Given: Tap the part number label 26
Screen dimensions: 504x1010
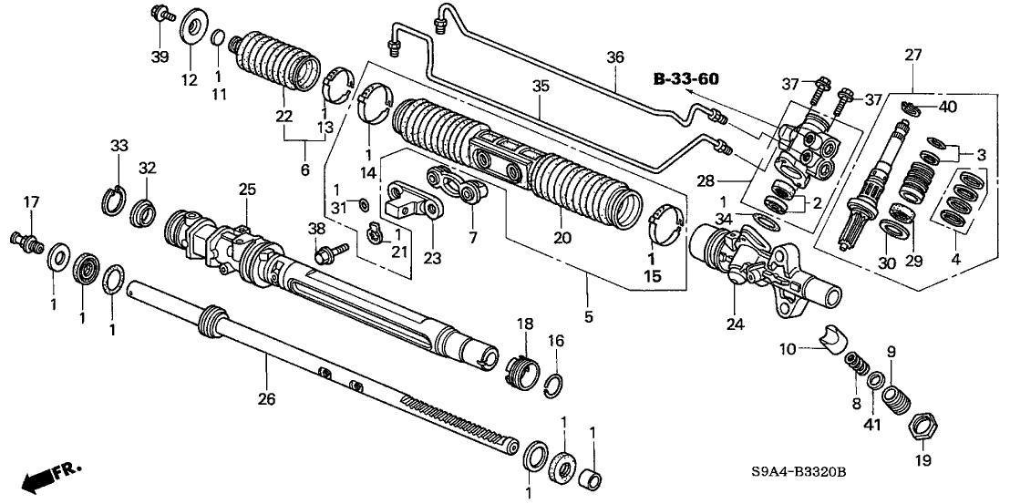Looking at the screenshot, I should pos(266,397).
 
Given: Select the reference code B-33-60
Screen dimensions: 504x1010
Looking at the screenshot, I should pos(686,80).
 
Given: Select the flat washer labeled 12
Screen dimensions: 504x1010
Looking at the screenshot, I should pos(191,27).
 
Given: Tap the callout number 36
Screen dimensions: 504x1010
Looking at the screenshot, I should pos(616,57).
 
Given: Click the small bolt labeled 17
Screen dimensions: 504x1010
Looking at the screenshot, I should pos(33,242).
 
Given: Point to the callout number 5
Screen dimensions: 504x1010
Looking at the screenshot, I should pos(588,317).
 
